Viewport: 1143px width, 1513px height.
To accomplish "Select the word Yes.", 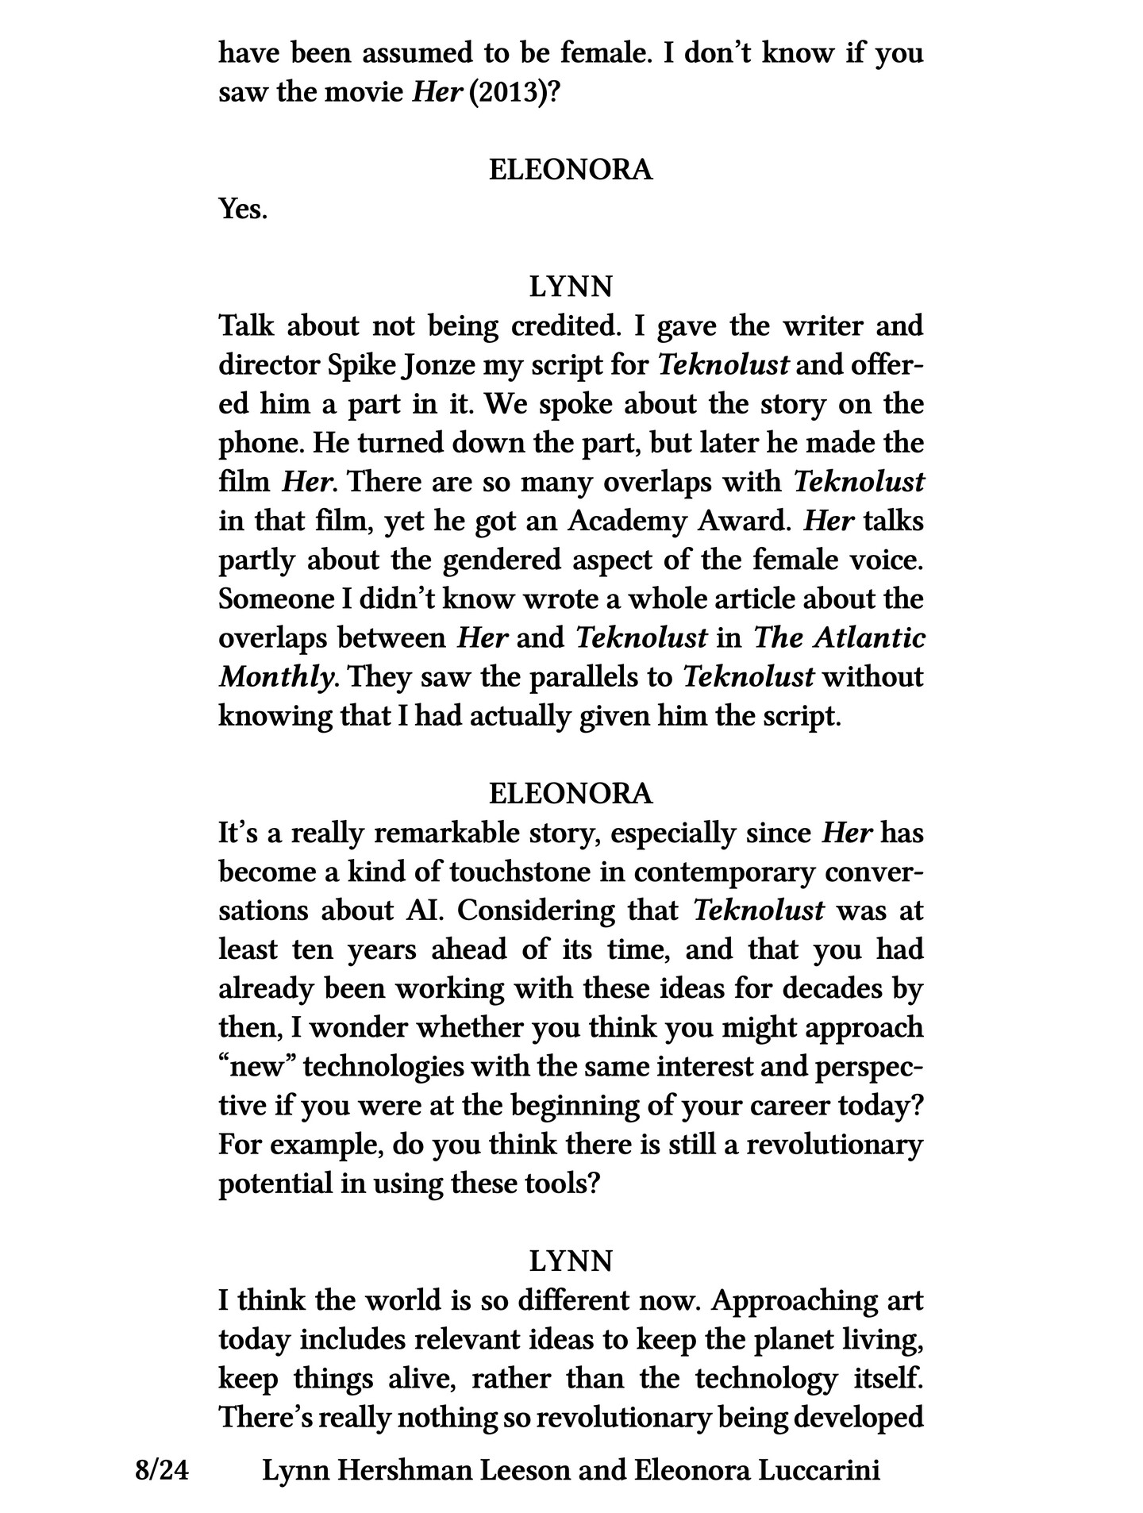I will [x=242, y=210].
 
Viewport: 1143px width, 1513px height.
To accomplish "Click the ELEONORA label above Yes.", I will [x=571, y=170].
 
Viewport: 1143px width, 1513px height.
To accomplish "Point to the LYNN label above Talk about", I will [x=571, y=287].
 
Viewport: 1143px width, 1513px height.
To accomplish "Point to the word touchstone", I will [x=521, y=872].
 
